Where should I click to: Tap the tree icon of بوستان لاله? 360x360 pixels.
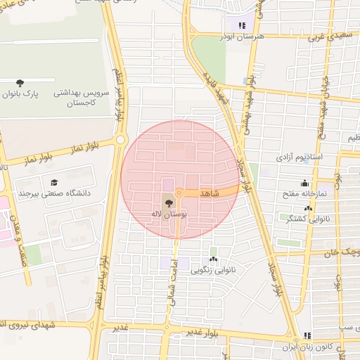(166, 202)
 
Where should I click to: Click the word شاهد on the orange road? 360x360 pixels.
(210, 192)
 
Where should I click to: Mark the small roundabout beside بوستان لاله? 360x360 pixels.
(180, 192)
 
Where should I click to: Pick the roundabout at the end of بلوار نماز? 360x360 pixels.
(121, 140)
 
